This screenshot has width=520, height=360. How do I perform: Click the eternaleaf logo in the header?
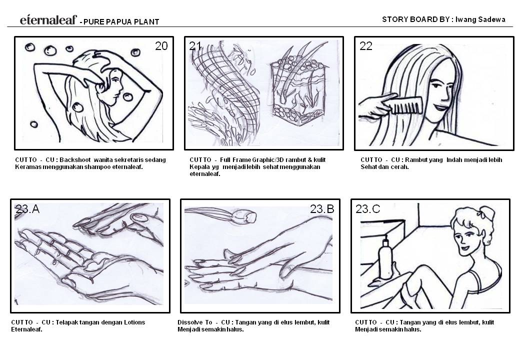pos(48,20)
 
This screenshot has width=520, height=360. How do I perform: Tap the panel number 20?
pos(161,46)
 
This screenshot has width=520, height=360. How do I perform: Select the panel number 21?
pos(195,46)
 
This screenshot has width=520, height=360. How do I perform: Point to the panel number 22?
pos(366,46)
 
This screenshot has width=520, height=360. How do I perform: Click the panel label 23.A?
pos(27,209)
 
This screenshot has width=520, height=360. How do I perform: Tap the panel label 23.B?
pos(321,209)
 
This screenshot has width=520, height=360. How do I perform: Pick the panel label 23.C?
pos(367,209)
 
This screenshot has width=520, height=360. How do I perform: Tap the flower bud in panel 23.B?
pos(245,216)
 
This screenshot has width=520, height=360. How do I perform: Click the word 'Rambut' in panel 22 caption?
pos(415,159)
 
